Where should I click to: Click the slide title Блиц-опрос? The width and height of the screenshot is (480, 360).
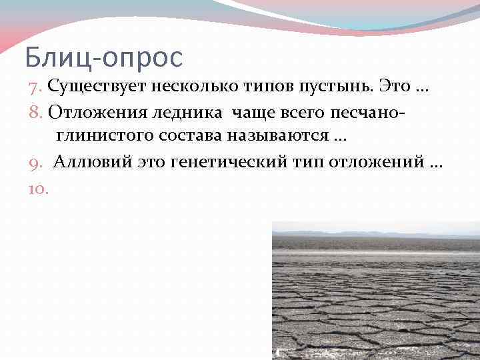point(103,58)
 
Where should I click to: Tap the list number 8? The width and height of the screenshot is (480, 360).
point(36,111)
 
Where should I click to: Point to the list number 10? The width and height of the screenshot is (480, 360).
point(38,189)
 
